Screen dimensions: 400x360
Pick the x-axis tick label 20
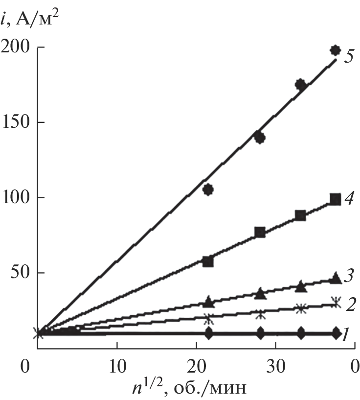click(x=196, y=366)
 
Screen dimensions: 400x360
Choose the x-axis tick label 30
click(x=275, y=366)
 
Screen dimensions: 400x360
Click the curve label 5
click(x=348, y=56)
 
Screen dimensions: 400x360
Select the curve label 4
click(x=348, y=200)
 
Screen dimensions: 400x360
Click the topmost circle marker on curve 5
click(x=335, y=50)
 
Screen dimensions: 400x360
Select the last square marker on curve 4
click(x=335, y=199)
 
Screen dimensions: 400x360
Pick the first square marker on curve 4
click(x=208, y=261)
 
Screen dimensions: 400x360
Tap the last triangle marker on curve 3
click(x=336, y=278)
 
